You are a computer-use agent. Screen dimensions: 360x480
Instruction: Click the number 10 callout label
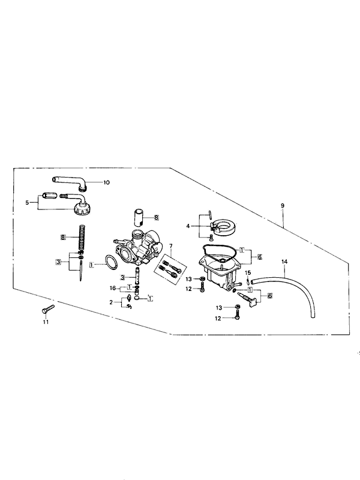(106, 182)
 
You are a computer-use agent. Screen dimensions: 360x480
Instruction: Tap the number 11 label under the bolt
(46, 322)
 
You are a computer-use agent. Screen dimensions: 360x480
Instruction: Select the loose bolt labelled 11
(48, 309)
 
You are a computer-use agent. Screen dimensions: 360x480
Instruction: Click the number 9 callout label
(283, 206)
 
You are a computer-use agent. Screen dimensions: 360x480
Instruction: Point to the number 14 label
(284, 262)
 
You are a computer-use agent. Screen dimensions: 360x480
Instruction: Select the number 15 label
(248, 272)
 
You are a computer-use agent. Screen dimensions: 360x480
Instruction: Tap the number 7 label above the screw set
(171, 246)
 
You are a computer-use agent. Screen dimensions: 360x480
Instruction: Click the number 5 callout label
(27, 202)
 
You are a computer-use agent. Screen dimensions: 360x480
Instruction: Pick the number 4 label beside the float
(188, 226)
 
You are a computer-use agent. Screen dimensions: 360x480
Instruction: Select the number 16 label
(113, 288)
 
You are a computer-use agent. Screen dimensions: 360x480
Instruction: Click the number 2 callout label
(111, 302)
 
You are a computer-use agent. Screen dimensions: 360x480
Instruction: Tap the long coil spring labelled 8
(82, 238)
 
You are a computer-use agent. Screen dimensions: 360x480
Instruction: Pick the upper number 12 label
(188, 289)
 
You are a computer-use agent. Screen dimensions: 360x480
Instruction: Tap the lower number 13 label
(219, 308)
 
